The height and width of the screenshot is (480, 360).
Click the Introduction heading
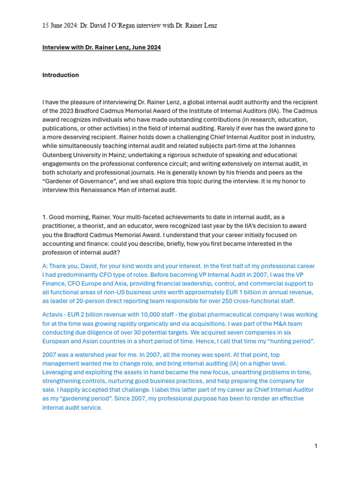60,75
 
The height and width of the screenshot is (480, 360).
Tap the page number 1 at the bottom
316,446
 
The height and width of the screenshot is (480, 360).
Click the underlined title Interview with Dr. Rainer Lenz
101,48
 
